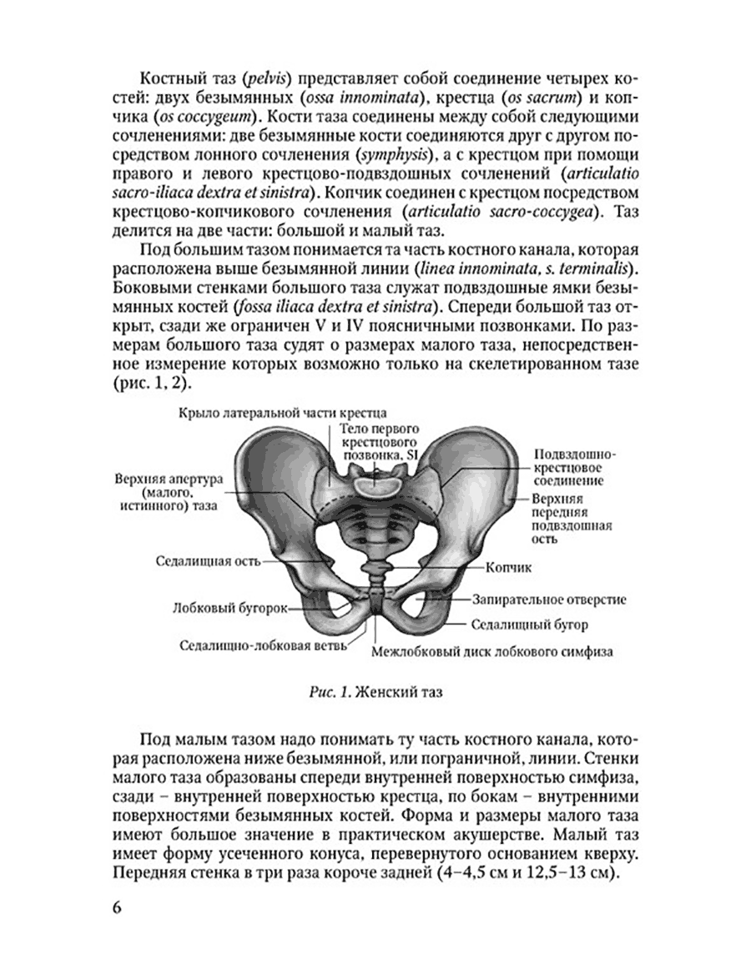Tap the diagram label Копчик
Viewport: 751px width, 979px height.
coord(507,566)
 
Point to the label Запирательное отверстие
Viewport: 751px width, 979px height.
coord(549,600)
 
